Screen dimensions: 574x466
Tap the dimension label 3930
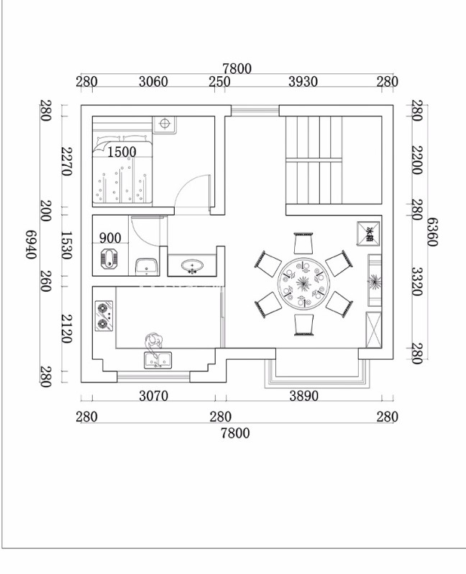(303, 82)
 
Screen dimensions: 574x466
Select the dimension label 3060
(152, 82)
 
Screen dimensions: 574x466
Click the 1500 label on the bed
(122, 152)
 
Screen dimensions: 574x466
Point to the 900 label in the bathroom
(110, 238)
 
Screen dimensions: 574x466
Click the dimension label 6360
(432, 231)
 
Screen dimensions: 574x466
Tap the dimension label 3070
(152, 396)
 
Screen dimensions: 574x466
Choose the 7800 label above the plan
(237, 68)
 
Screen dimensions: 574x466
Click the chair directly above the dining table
(303, 244)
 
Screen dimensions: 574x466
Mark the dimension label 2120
(66, 328)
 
